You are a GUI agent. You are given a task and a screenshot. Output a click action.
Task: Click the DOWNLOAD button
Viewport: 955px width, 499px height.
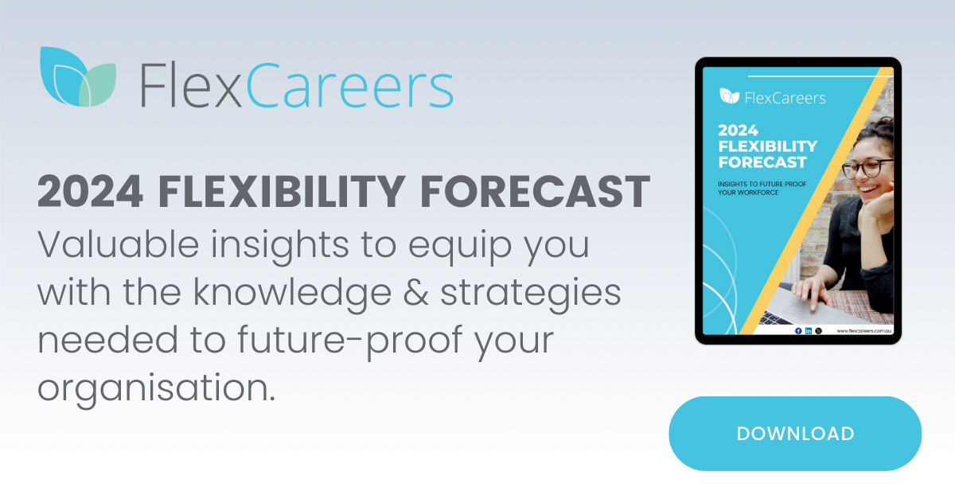[794, 434]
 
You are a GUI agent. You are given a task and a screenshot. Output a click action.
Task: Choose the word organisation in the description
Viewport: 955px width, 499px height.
[151, 387]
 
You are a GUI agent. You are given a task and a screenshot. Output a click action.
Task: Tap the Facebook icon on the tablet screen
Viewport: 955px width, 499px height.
[798, 330]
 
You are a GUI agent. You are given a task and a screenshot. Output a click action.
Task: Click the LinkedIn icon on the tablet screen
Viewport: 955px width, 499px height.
[809, 330]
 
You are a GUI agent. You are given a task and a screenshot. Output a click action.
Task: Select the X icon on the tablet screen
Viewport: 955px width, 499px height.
[819, 330]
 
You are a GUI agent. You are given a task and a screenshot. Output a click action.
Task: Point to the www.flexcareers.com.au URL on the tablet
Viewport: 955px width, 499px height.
[863, 330]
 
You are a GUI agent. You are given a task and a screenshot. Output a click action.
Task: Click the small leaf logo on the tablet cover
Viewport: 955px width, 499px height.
[729, 96]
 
